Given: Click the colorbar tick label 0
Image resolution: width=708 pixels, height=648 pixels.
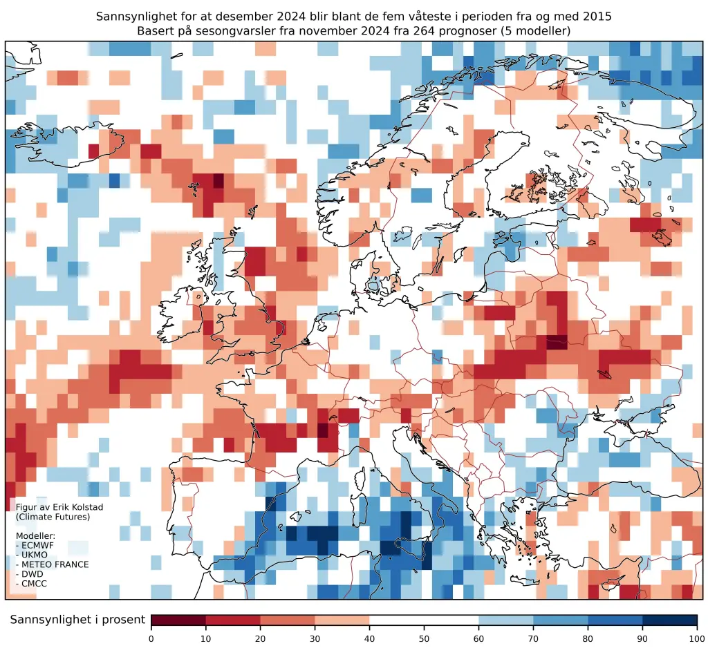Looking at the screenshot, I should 151,638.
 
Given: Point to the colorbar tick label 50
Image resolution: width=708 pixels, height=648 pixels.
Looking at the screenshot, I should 424,638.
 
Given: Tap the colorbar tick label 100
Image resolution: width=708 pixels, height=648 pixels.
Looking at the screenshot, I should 696,638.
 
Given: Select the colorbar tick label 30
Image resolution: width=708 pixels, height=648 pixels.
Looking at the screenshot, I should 315,638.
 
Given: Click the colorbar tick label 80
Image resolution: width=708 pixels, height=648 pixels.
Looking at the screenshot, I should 588,638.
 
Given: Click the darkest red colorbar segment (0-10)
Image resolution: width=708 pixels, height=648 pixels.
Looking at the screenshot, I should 178,620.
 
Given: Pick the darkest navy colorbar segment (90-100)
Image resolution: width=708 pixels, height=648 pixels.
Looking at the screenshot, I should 669,620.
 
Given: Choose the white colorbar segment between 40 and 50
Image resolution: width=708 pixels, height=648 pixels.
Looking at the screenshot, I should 397,620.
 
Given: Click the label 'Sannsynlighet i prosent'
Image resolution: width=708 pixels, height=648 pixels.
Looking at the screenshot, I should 77,620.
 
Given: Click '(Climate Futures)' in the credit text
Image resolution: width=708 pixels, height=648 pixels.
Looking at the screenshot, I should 53,517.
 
